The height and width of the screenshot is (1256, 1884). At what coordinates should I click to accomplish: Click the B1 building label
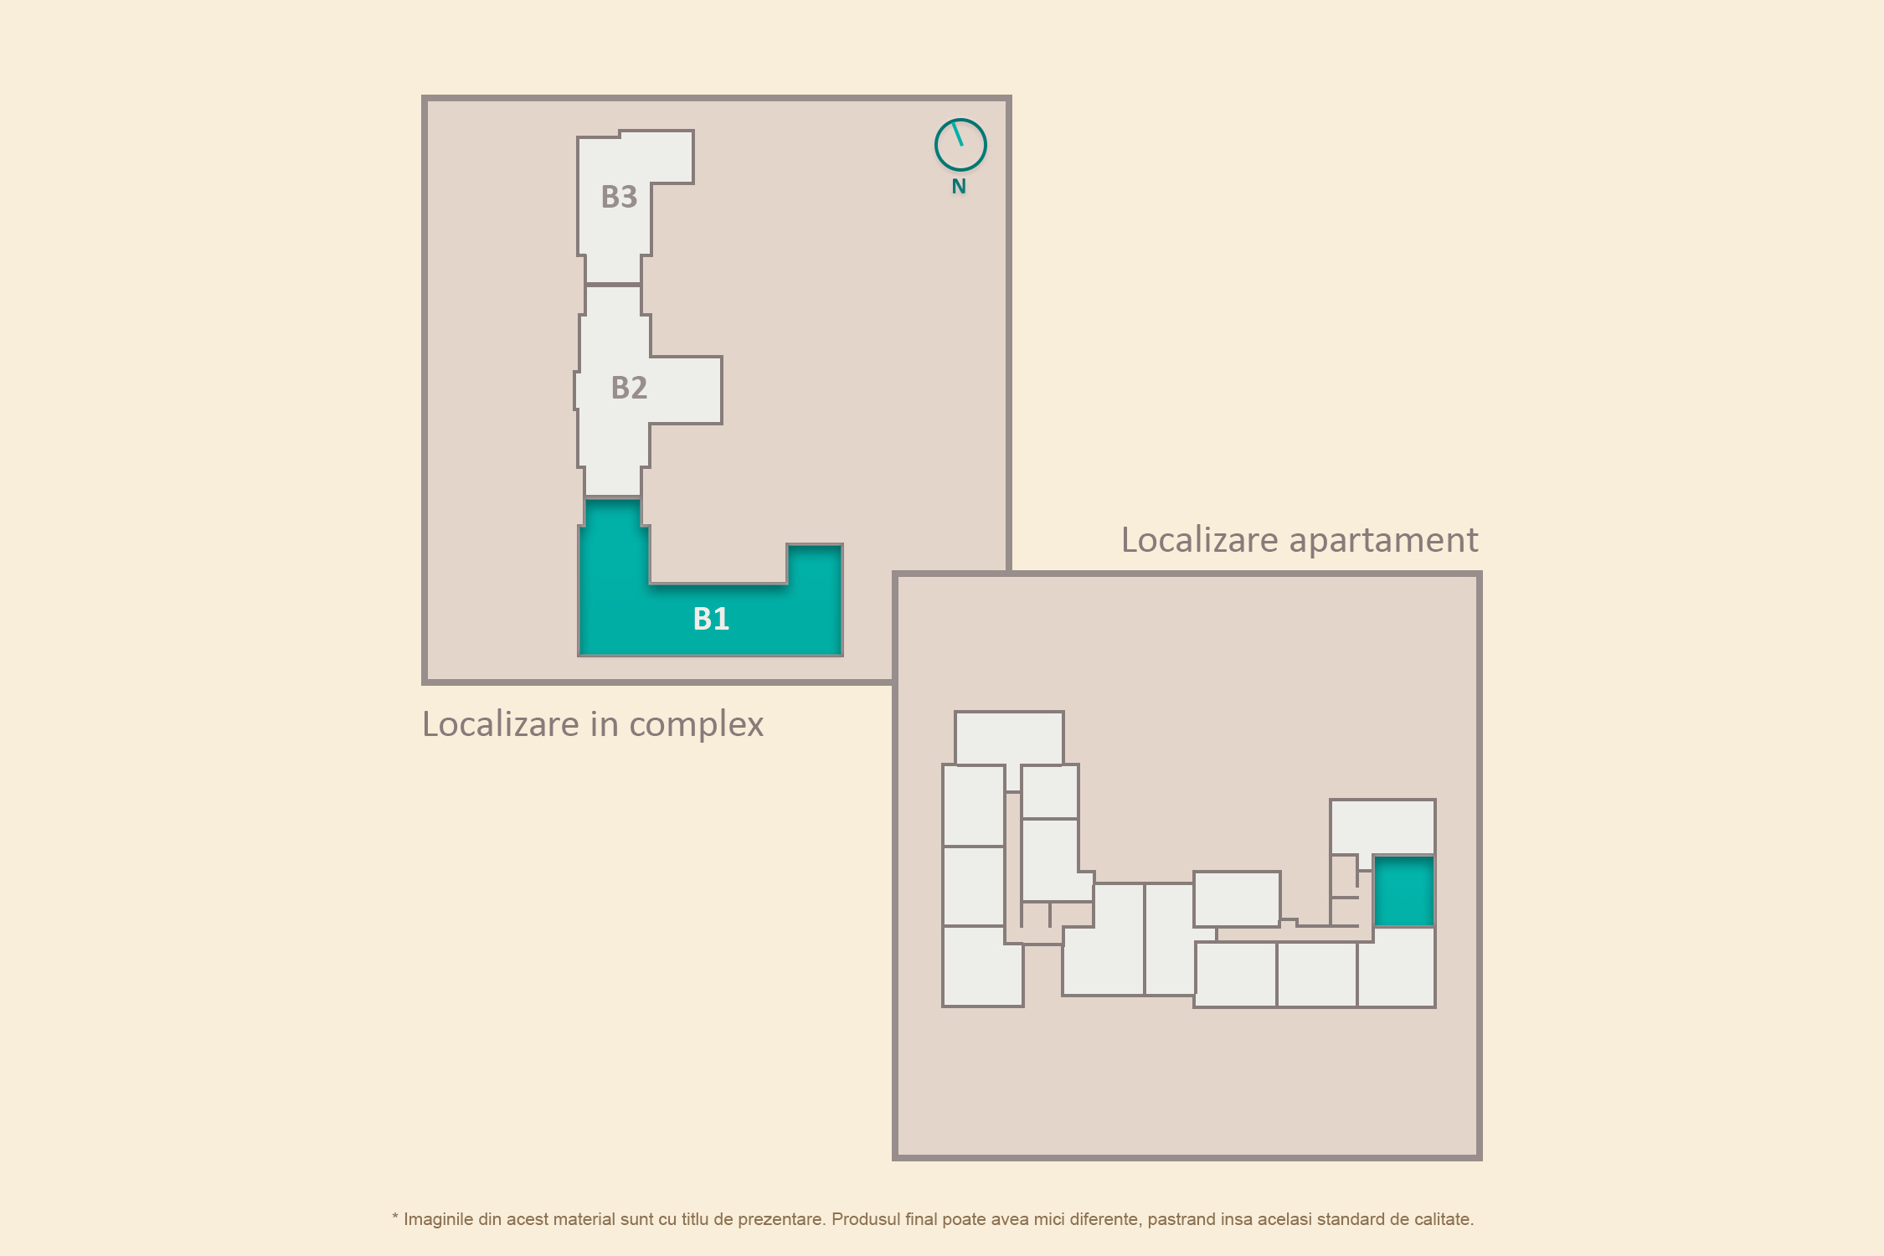point(711,619)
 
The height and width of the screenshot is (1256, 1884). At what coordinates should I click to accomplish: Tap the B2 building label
point(629,388)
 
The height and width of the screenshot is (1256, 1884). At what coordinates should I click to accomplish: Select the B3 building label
point(619,197)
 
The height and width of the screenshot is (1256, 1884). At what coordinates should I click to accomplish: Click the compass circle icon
point(960,145)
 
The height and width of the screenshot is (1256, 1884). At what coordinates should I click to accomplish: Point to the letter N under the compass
point(959,187)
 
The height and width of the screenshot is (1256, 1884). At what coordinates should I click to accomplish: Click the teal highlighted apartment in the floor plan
point(1404,891)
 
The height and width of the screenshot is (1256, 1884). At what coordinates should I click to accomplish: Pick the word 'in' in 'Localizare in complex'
point(604,724)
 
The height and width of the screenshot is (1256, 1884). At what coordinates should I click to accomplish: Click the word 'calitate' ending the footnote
point(1441,1219)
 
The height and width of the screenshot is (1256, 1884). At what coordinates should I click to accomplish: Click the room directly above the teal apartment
point(1382,827)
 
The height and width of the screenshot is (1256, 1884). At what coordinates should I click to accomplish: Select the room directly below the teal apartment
point(1396,967)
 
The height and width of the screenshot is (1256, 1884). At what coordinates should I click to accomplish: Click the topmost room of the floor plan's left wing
point(1009,738)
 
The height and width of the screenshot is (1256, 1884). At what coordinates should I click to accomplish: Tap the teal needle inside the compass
point(958,134)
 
